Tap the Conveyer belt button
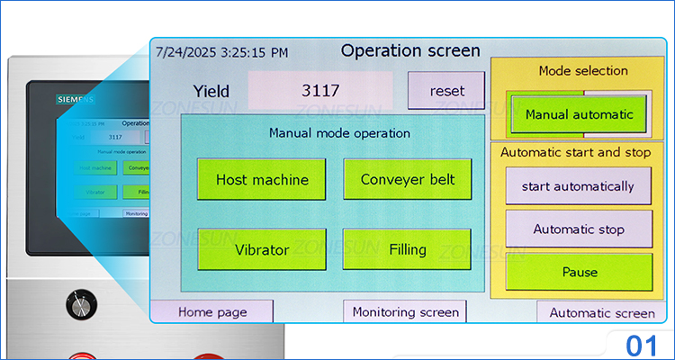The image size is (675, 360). click(x=407, y=179)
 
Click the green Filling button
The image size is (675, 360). click(x=407, y=248)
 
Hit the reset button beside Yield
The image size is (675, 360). click(x=446, y=91)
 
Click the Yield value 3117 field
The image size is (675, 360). click(x=320, y=91)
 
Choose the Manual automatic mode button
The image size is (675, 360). click(x=579, y=114)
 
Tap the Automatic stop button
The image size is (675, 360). click(x=578, y=229)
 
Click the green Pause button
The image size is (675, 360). click(x=578, y=272)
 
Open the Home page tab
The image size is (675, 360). click(x=212, y=311)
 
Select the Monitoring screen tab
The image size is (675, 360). click(x=405, y=312)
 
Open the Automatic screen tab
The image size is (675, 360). click(x=601, y=312)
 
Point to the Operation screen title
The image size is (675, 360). click(x=410, y=50)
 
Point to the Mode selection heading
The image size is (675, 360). click(x=583, y=70)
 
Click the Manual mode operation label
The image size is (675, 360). click(x=339, y=133)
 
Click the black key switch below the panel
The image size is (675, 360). click(x=81, y=304)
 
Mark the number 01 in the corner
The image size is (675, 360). click(x=642, y=345)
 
